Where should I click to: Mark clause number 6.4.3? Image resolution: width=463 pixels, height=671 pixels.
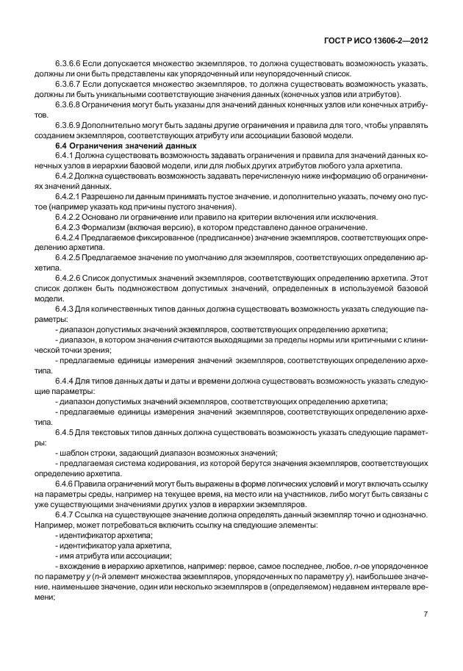pos(65,308)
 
